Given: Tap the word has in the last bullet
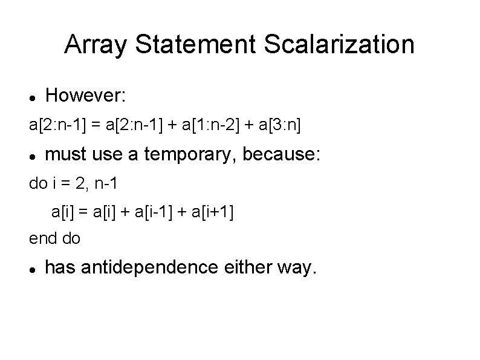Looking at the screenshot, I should pyautogui.click(x=60, y=267).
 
